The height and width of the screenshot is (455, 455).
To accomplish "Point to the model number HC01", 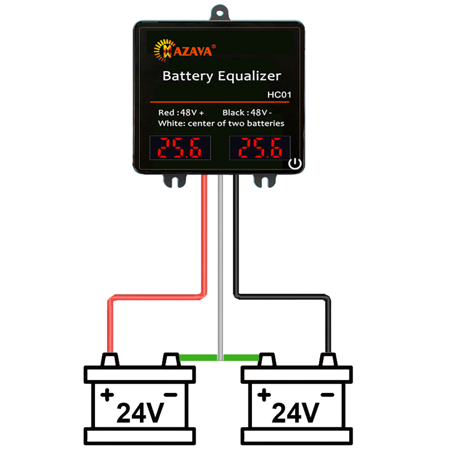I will tap(279, 95).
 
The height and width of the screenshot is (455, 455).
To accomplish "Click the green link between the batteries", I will tap(220, 367).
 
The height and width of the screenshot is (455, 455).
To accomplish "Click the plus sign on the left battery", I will tap(107, 395).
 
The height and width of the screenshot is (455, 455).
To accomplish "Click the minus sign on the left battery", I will tap(170, 395).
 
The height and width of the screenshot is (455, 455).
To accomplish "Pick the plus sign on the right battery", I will tap(263, 395).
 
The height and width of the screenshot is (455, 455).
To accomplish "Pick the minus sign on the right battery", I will tap(326, 395).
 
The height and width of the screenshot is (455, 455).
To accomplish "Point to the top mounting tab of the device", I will tap(220, 13).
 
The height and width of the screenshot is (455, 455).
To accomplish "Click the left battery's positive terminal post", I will tap(110, 359).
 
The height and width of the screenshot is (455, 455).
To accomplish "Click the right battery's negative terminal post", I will tap(326, 359).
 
